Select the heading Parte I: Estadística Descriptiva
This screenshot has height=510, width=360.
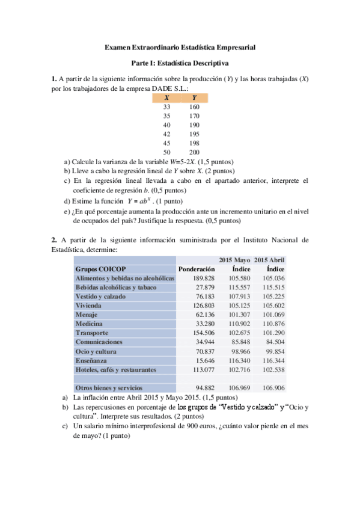180,63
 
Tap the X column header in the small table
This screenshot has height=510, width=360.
166,97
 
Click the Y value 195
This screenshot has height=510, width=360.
194,134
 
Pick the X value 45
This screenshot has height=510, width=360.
166,143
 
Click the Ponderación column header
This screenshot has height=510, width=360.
196,269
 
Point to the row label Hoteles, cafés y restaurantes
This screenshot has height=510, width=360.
116,369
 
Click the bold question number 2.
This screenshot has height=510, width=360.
53,240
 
